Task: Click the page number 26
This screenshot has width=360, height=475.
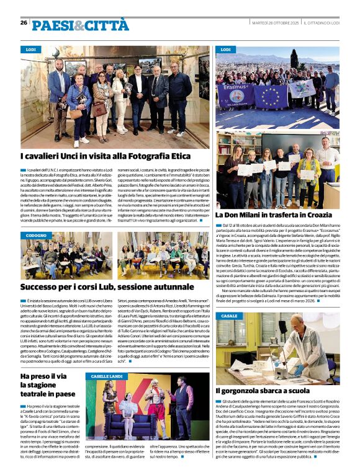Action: pyautogui.click(x=24, y=22)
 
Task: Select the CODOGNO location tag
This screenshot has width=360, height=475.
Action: pyautogui.click(x=36, y=236)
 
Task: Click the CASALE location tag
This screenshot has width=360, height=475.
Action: pyautogui.click(x=229, y=316)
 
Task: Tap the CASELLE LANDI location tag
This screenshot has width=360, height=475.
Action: pyautogui.click(x=107, y=376)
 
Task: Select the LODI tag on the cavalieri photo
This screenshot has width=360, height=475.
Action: pyautogui.click(x=30, y=49)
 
